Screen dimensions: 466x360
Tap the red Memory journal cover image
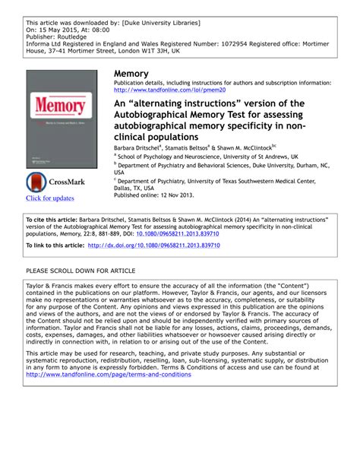tap(61, 119)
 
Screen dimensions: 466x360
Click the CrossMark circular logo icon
tap(36, 182)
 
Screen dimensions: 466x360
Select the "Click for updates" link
tap(50, 198)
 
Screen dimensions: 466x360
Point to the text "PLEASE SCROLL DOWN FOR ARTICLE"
tap(81, 271)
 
